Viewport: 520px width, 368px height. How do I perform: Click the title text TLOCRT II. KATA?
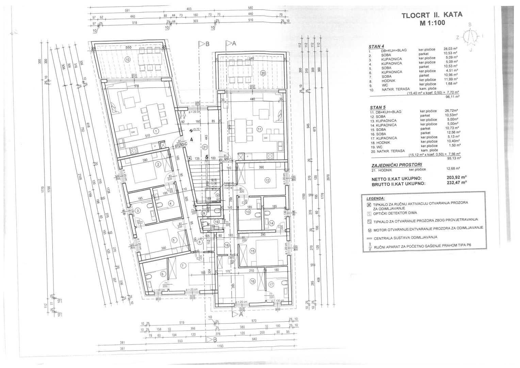[x=432, y=15]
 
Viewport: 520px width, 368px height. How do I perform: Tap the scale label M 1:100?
[x=432, y=23]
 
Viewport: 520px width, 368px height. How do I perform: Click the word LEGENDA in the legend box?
[x=376, y=198]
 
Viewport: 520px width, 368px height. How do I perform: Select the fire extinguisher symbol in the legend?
[x=370, y=248]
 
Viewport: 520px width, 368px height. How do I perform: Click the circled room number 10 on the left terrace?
[x=128, y=60]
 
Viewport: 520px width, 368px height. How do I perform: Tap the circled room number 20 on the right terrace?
[x=263, y=73]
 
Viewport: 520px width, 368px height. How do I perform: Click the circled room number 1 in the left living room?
[x=156, y=131]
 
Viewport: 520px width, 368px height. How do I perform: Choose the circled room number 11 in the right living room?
[x=260, y=129]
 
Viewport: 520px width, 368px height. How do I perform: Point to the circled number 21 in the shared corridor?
[x=205, y=147]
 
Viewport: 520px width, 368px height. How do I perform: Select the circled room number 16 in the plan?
[x=252, y=281]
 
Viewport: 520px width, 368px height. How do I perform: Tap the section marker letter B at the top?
[x=207, y=44]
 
